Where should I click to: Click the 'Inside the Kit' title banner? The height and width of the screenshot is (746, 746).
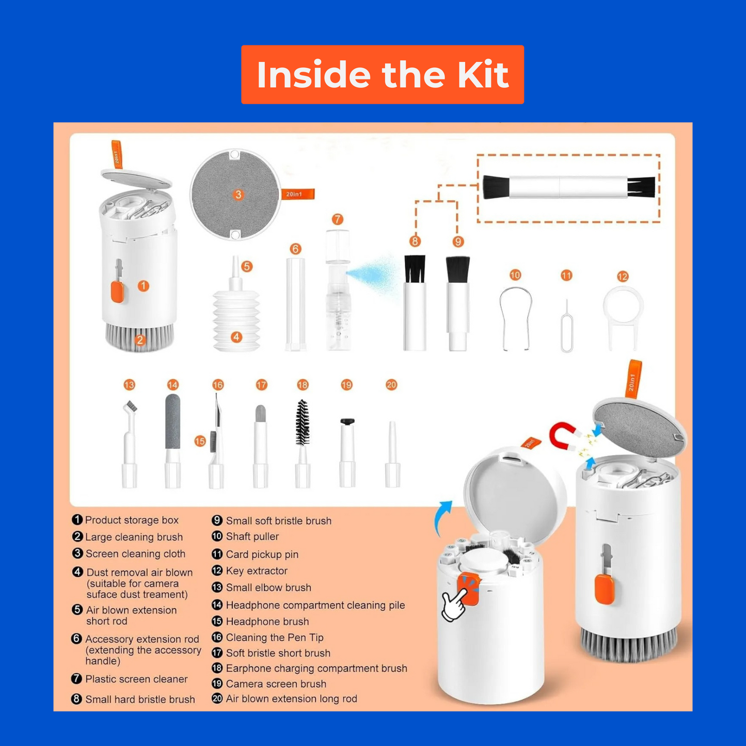pyautogui.click(x=383, y=74)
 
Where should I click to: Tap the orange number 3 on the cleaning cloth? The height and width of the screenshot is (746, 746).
pyautogui.click(x=238, y=195)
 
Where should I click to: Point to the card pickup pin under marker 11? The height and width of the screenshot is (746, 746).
pyautogui.click(x=567, y=328)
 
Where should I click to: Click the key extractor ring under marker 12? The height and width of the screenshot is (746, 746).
pyautogui.click(x=623, y=310)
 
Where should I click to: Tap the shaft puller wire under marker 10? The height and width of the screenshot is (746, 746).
pyautogui.click(x=516, y=318)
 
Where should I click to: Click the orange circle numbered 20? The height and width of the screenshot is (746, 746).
pyautogui.click(x=391, y=385)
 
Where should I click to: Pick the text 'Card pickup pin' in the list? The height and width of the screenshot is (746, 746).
pyautogui.click(x=262, y=554)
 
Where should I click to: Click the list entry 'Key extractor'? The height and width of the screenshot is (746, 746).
pyautogui.click(x=257, y=571)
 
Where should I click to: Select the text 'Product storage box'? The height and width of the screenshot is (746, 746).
pyautogui.click(x=132, y=520)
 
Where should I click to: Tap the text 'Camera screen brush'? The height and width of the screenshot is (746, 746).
pyautogui.click(x=276, y=684)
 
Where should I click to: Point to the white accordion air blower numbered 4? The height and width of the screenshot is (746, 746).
pyautogui.click(x=236, y=320)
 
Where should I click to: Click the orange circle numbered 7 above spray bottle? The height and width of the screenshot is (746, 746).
pyautogui.click(x=337, y=219)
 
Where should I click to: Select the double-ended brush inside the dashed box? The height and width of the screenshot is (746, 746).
pyautogui.click(x=568, y=187)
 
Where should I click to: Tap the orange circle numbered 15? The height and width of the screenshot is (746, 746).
pyautogui.click(x=200, y=441)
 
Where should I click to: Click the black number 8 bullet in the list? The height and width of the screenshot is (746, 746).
pyautogui.click(x=77, y=699)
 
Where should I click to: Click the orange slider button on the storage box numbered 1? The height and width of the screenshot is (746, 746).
pyautogui.click(x=117, y=292)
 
